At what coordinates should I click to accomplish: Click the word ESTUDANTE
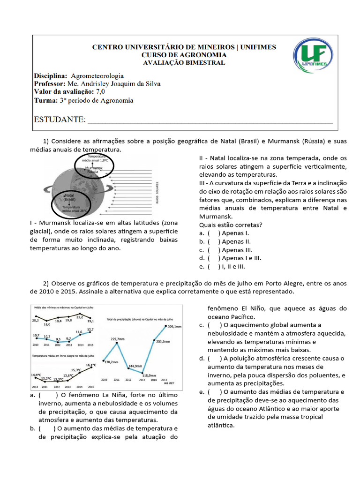(x=60, y=120)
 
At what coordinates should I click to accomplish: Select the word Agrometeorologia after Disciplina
(x=97, y=75)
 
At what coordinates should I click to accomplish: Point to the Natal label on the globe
(x=69, y=196)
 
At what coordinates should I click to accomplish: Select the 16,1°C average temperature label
(x=90, y=365)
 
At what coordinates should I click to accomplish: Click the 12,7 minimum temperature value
(x=90, y=330)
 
